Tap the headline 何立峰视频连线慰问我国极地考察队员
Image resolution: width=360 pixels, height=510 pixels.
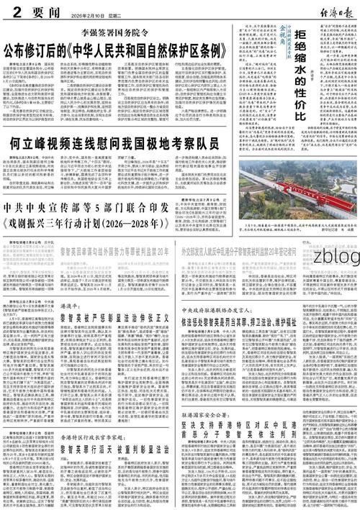point(119,147)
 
